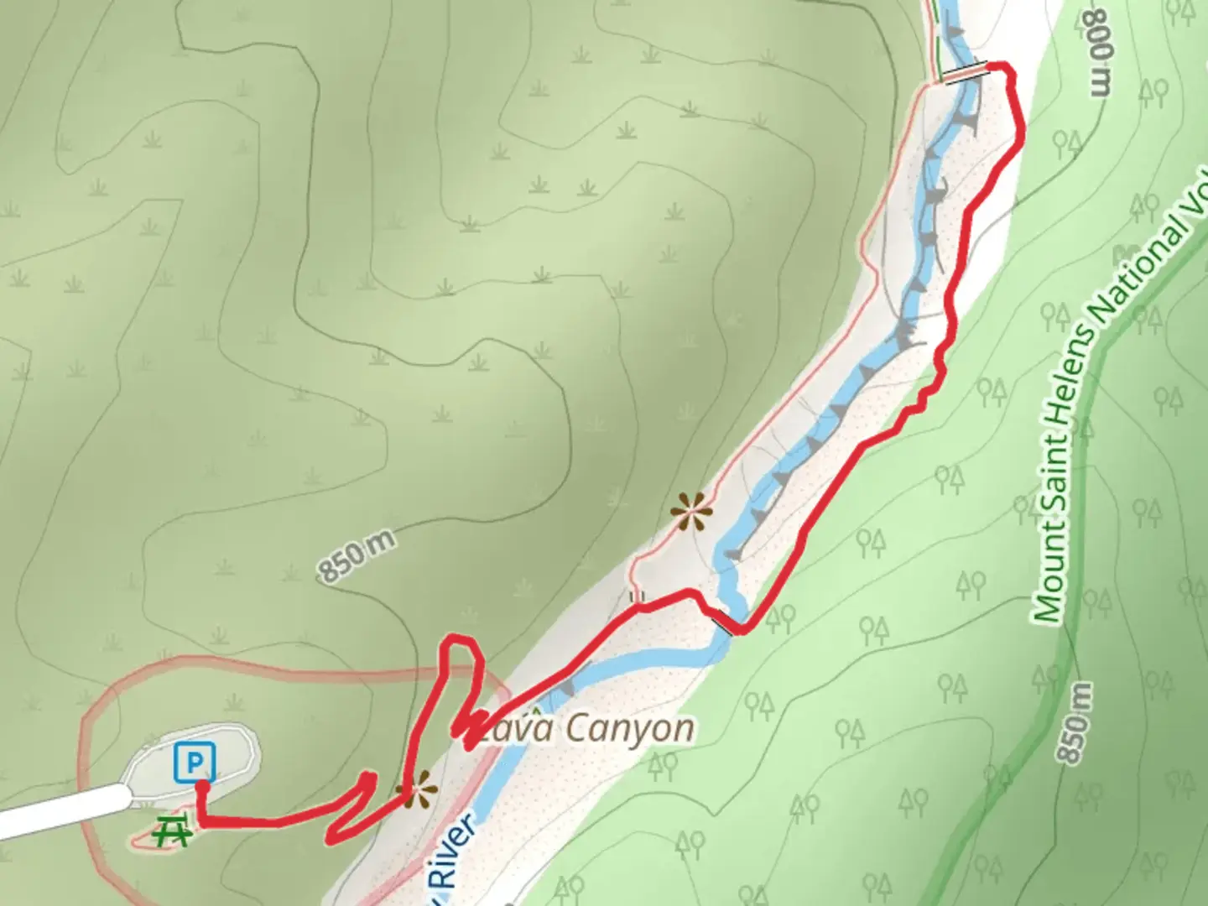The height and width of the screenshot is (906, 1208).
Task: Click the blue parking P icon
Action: pos(195,763)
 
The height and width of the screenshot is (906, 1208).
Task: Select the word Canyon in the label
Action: pos(630,729)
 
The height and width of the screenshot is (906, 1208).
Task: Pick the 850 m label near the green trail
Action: pos(1076,723)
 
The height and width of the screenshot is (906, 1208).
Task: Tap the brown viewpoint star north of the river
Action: pos(691,512)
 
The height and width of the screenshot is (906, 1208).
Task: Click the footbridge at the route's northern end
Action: pos(967,74)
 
